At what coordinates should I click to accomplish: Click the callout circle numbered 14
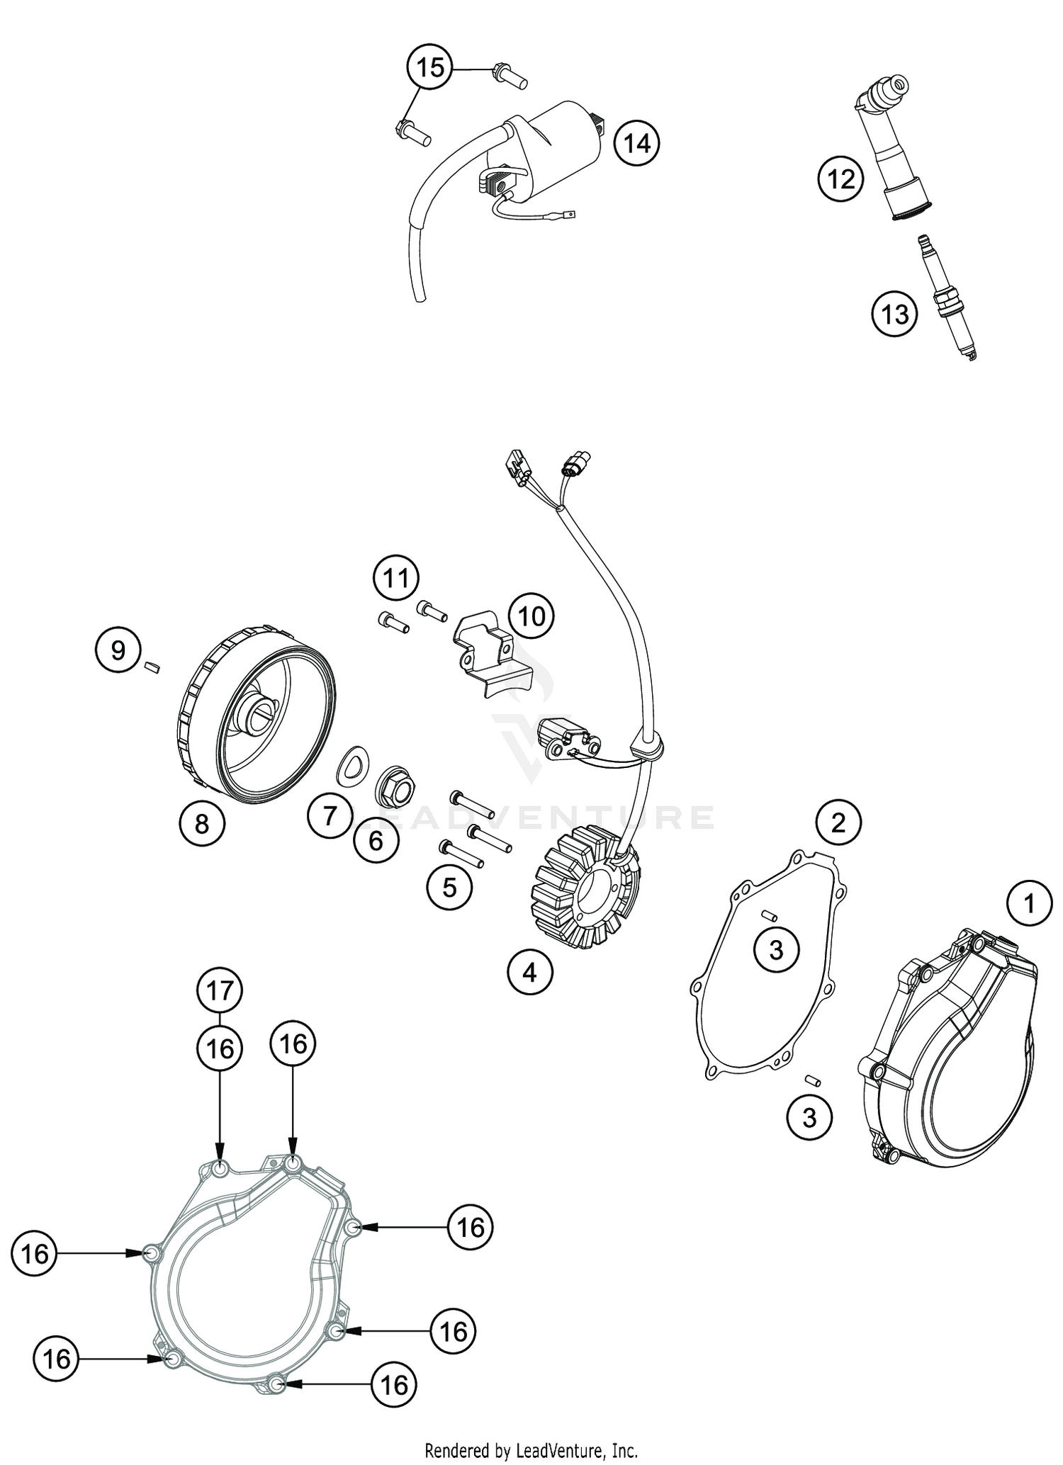coord(636,144)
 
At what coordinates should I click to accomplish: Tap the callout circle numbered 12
coord(841,179)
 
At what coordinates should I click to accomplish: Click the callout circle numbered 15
coord(429,68)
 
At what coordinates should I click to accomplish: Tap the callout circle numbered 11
coord(396,578)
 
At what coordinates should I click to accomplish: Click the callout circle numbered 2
coord(838,823)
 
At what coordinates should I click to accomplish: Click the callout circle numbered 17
coord(220,990)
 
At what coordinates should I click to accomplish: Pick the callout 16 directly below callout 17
coord(220,1048)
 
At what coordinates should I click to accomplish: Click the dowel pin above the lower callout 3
coord(812,1080)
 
